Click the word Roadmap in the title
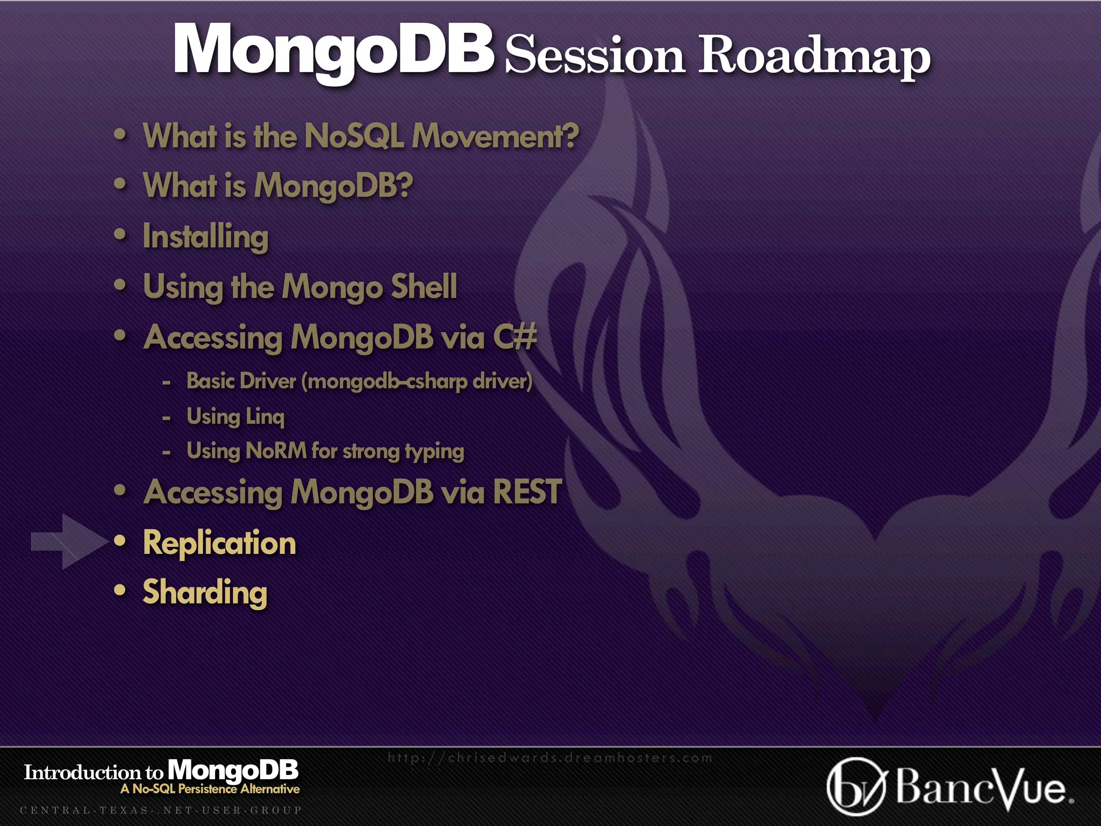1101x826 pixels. click(814, 55)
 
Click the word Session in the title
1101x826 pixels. click(595, 55)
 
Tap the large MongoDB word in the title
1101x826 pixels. click(333, 49)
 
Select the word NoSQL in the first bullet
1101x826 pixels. click(354, 136)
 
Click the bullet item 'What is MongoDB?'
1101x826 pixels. click(278, 186)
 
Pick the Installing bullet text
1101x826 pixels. click(205, 237)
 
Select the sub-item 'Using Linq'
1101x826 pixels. click(235, 416)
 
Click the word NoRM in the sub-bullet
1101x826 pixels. click(276, 451)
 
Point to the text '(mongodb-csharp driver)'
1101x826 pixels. click(417, 381)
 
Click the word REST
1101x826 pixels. click(527, 492)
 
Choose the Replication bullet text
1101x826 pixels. click(219, 543)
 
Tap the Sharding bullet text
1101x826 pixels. click(205, 592)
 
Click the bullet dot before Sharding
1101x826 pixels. click(120, 590)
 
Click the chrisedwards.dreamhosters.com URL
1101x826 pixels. click(550, 758)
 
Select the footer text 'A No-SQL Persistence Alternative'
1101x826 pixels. click(210, 789)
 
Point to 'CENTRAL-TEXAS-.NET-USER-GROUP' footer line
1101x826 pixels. click(161, 810)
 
